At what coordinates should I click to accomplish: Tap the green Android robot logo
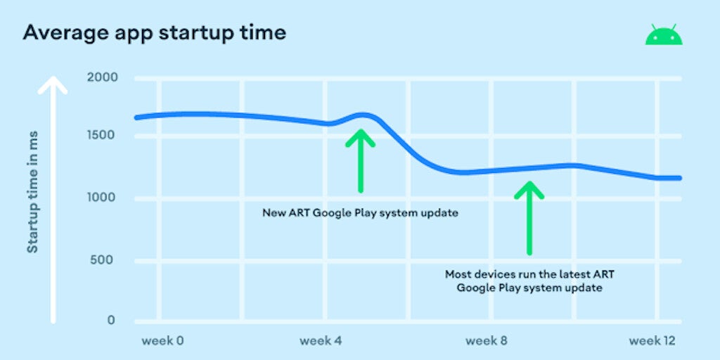664,35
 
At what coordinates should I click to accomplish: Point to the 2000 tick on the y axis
103,77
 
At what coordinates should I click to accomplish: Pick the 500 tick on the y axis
105,260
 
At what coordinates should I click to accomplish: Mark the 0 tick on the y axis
111,320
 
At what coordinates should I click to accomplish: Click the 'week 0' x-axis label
162,341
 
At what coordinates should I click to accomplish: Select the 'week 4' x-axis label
321,341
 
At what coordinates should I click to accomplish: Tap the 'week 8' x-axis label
487,341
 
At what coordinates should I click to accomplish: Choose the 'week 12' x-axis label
652,341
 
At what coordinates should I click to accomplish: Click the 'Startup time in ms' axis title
32,192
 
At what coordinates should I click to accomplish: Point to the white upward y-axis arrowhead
53,85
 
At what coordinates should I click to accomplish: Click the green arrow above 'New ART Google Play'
361,161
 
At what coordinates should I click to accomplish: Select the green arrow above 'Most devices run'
529,218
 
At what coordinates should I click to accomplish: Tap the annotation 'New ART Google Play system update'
361,213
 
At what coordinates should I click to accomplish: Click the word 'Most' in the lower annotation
456,275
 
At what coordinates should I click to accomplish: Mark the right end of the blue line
680,178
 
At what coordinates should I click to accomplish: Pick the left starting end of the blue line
136,118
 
